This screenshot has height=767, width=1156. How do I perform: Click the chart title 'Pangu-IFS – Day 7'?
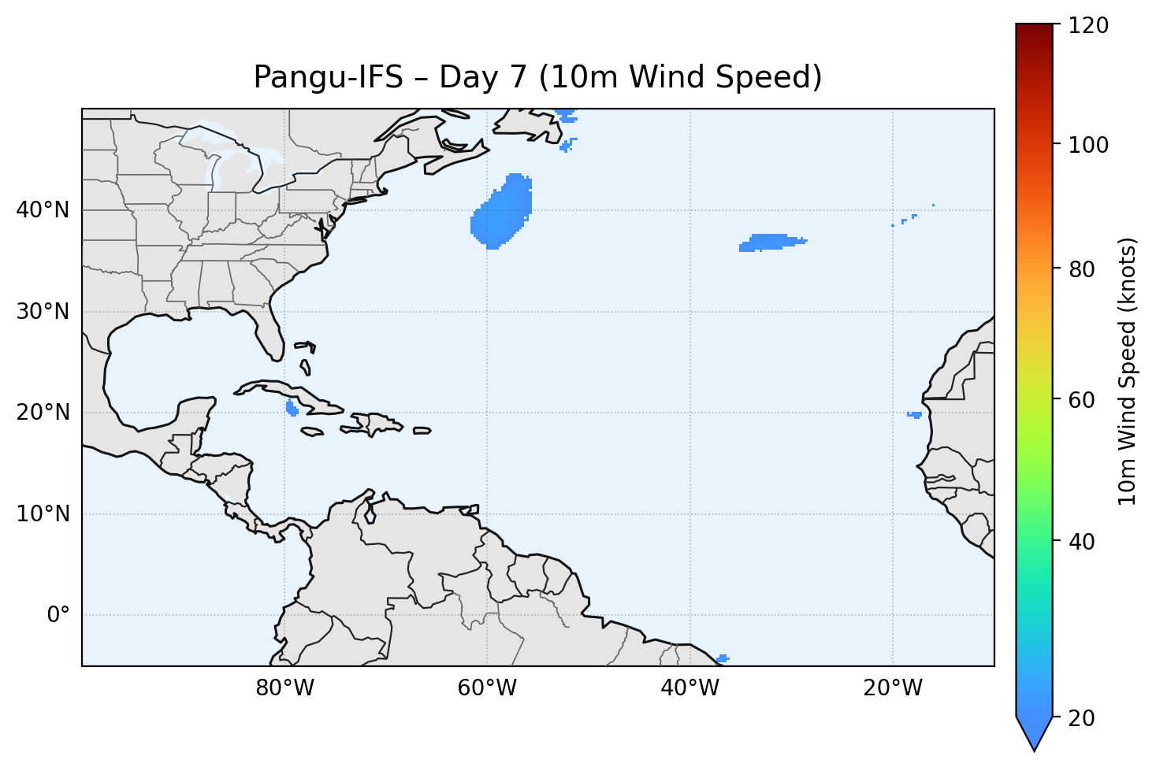[x=537, y=78]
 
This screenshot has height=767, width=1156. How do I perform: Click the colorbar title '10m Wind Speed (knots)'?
[x=1128, y=372]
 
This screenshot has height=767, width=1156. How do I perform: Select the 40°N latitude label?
[x=43, y=210]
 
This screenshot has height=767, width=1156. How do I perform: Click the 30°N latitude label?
[x=43, y=312]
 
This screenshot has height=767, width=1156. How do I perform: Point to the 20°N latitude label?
[x=43, y=413]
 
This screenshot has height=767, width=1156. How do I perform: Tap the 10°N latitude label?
[x=43, y=514]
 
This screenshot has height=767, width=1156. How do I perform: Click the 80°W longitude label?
[x=284, y=688]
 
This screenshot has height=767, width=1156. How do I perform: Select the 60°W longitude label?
[x=487, y=688]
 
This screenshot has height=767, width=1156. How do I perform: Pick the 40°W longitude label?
[x=690, y=688]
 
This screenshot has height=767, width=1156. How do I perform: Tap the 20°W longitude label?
[x=892, y=688]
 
